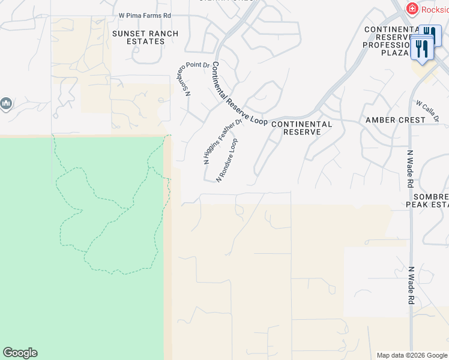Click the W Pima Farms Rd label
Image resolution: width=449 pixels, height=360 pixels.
click(x=145, y=15)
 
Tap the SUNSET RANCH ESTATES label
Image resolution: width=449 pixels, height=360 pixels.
click(x=145, y=37)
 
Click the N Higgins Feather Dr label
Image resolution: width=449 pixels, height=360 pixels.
click(x=221, y=142)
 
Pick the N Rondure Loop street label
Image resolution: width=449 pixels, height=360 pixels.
click(x=231, y=160)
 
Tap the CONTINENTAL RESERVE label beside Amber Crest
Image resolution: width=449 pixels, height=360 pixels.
click(x=301, y=128)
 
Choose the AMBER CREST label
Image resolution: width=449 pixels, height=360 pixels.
click(x=396, y=120)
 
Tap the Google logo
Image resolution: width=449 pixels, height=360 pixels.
click(x=20, y=353)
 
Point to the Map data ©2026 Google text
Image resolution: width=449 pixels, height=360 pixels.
click(x=412, y=355)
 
